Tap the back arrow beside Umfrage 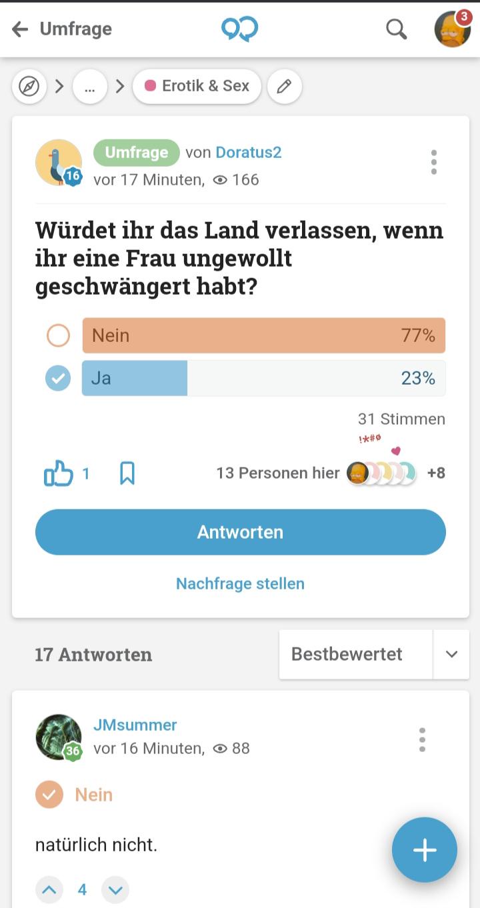20,29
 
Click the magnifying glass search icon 396,29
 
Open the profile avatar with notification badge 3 452,29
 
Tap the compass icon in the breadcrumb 29,87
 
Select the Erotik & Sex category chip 197,87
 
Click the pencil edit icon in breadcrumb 285,87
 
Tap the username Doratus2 248,153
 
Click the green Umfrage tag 136,153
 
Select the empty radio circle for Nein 58,335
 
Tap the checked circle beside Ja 58,379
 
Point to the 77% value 418,335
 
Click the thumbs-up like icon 58,473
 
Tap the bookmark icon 127,473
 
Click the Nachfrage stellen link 240,584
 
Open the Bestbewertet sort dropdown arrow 451,654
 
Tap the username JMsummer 135,725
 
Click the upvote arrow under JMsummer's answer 49,889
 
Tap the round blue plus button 425,850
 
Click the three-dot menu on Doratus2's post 434,162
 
